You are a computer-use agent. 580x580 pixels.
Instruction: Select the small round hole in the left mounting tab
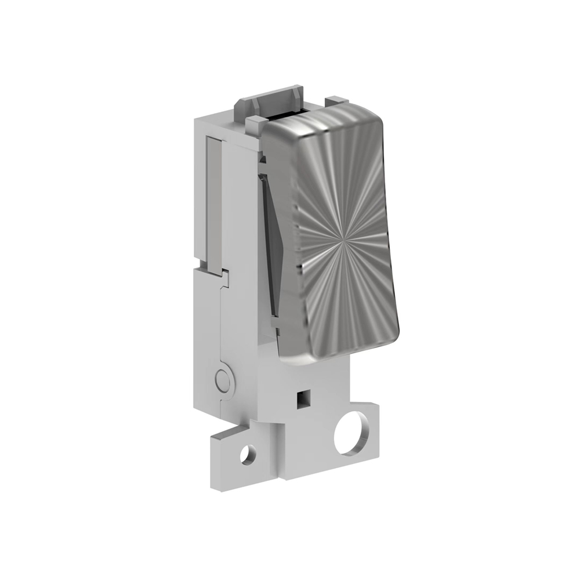click(x=248, y=454)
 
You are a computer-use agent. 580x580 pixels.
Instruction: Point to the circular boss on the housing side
click(x=222, y=380)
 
